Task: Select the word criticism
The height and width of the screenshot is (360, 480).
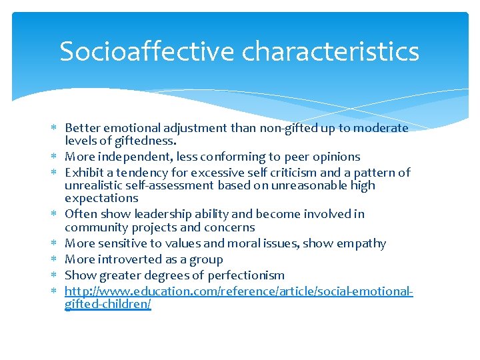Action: (x=289, y=173)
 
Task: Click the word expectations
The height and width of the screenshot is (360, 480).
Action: (x=101, y=198)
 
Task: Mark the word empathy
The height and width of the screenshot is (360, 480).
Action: (x=361, y=243)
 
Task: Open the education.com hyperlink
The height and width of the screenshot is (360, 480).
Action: (x=239, y=291)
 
